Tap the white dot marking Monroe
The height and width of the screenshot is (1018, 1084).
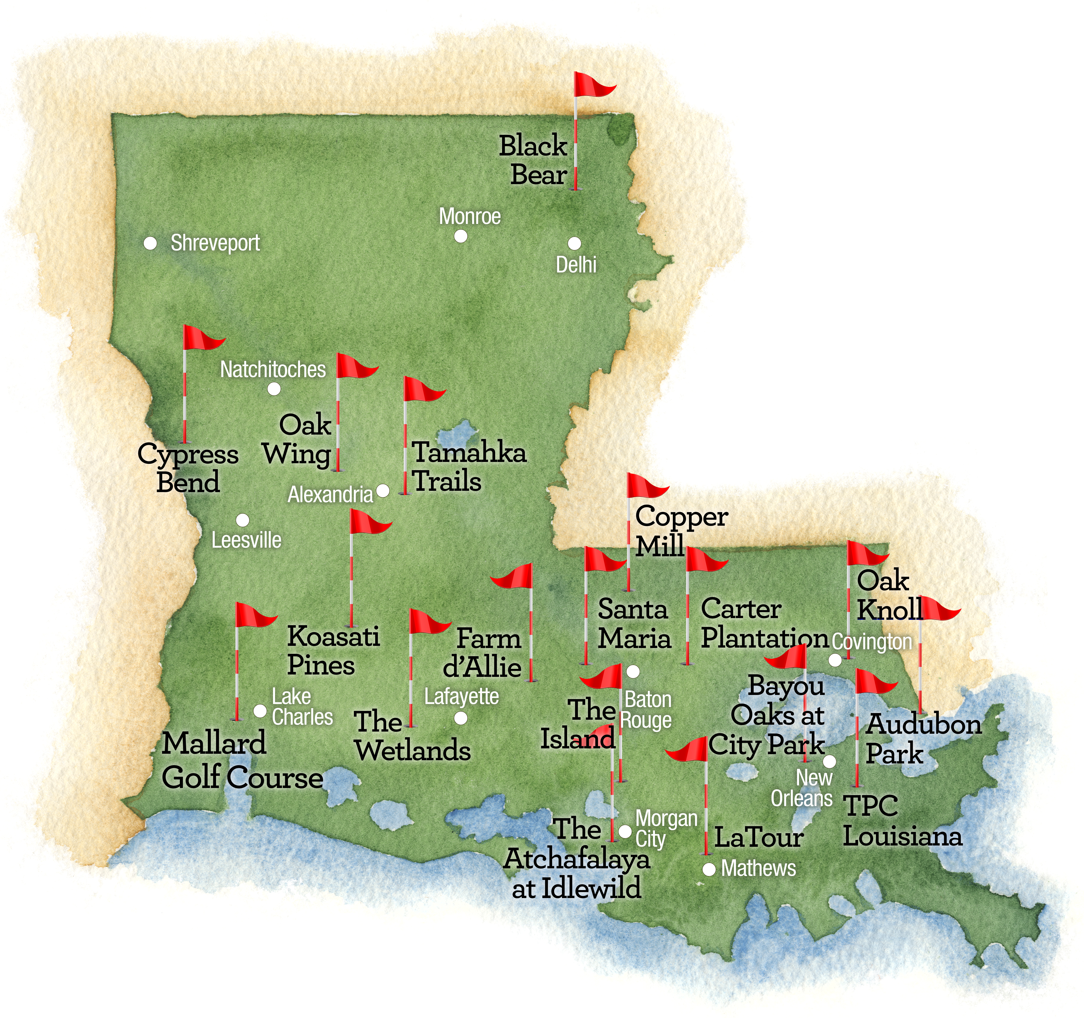[461, 236]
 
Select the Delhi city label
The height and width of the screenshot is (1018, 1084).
[576, 265]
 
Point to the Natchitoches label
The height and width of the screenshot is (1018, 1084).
[273, 370]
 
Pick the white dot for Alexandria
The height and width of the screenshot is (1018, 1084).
[383, 491]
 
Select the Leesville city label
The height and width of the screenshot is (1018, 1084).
[246, 540]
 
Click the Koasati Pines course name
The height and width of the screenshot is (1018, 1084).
[333, 651]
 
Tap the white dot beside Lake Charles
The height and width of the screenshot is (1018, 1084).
[260, 711]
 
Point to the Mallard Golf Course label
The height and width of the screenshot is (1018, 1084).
[242, 761]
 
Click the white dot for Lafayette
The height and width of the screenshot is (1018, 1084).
[461, 718]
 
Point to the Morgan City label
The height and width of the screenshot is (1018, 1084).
[665, 829]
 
